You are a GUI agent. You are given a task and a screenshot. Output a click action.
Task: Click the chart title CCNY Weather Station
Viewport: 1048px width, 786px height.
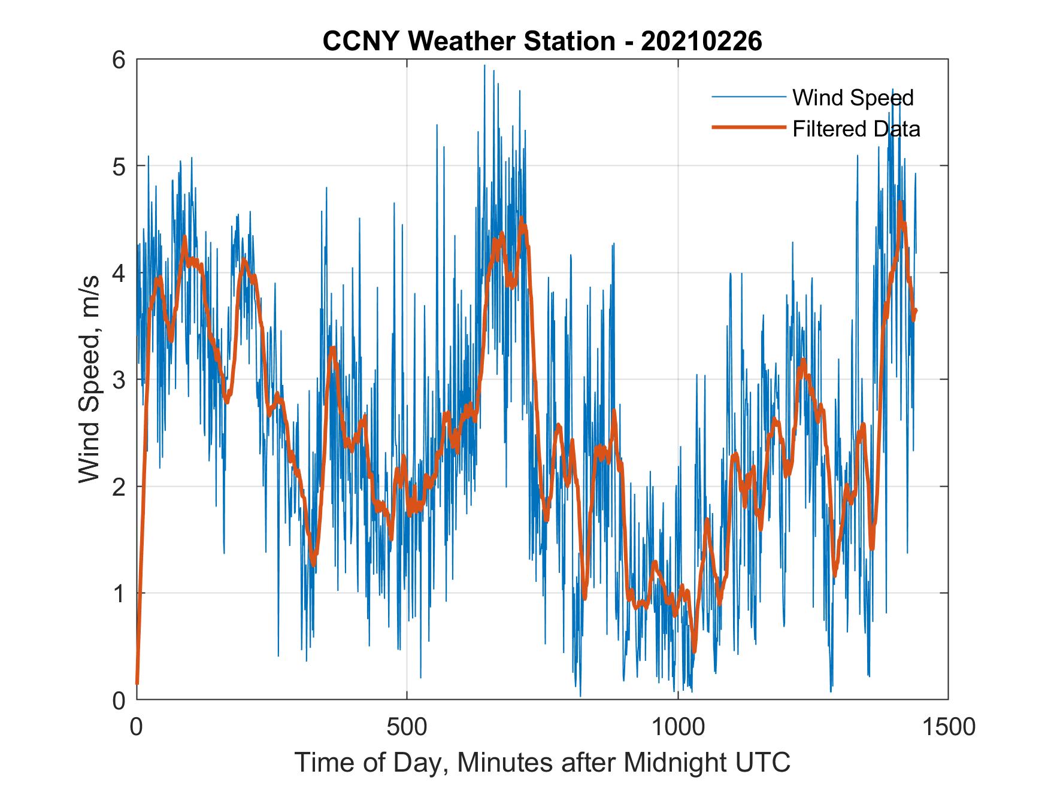[x=469, y=41]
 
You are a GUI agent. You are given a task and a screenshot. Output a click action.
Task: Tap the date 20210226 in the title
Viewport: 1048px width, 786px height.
[x=701, y=41]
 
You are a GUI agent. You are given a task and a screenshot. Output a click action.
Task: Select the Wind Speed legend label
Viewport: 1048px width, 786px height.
[x=853, y=98]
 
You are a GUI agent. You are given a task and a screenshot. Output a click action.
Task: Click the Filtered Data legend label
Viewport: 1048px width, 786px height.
[x=856, y=129]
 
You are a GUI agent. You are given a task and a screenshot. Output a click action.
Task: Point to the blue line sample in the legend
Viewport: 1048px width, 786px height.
[x=748, y=97]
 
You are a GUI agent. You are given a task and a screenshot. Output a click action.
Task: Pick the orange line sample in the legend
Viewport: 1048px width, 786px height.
[x=748, y=128]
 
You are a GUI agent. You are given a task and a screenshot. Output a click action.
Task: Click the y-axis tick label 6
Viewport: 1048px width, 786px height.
[x=120, y=60]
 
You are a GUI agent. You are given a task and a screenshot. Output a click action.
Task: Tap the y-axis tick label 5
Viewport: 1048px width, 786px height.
[x=120, y=166]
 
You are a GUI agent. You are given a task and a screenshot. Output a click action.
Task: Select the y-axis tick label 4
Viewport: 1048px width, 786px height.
[x=120, y=273]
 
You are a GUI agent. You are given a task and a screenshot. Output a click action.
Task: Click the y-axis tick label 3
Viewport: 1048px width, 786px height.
[x=120, y=380]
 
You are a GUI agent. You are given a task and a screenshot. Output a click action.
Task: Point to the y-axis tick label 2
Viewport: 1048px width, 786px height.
[x=120, y=487]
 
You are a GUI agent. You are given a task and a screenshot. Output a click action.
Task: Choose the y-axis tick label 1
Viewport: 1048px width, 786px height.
[x=120, y=593]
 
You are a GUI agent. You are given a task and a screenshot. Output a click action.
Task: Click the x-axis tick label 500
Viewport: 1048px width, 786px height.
[x=407, y=727]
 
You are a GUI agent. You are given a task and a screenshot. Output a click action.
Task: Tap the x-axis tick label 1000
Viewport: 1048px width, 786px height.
[x=677, y=727]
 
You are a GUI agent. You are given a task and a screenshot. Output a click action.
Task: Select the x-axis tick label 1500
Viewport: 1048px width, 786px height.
[x=947, y=727]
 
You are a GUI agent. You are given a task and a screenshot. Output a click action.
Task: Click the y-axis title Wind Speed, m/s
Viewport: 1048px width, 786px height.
[x=90, y=380]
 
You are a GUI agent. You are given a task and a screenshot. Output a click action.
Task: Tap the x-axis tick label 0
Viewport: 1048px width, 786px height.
[x=137, y=727]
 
